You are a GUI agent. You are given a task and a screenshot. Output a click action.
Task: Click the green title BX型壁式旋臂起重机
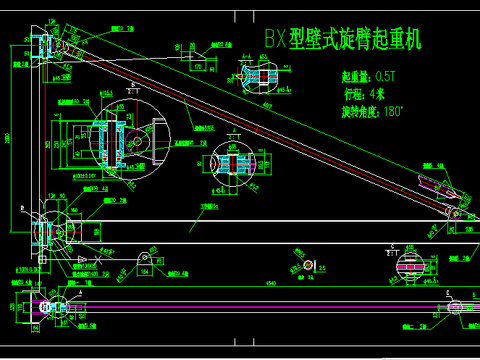pos(331,38)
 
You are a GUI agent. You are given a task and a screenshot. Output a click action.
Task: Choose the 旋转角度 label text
pos(361,111)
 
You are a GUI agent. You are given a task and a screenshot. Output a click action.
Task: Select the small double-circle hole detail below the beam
pos(308,264)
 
